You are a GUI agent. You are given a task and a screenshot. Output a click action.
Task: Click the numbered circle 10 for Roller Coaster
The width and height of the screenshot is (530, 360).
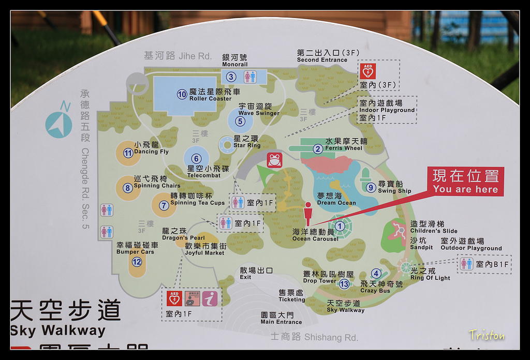click(182, 94)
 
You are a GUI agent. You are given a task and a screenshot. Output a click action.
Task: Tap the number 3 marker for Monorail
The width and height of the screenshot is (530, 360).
click(231, 77)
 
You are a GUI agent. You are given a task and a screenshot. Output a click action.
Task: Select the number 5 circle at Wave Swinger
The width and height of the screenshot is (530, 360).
click(240, 122)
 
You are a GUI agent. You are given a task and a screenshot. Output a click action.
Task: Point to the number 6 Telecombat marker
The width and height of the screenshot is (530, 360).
click(196, 159)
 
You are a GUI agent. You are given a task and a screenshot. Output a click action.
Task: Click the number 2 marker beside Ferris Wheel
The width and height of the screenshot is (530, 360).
click(318, 149)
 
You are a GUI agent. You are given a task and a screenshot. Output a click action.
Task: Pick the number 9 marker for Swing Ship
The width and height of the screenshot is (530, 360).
click(371, 188)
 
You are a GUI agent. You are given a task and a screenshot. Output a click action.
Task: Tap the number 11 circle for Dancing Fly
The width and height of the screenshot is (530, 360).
click(128, 153)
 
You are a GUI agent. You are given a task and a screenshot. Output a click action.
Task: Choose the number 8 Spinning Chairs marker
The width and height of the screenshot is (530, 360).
click(127, 188)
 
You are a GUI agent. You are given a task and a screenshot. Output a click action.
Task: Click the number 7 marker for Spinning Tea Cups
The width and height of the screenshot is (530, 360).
click(164, 205)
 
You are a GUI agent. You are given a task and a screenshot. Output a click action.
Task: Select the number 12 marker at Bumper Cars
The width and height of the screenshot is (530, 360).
click(137, 262)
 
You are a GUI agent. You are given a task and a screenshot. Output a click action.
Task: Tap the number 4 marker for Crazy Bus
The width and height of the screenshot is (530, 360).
click(376, 274)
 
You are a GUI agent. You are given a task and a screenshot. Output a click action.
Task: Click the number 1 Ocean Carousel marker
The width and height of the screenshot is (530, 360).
click(340, 226)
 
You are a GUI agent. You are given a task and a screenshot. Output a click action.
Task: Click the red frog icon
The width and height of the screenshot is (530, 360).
click(274, 160)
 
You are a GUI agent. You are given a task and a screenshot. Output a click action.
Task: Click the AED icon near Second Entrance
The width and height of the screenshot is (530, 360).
click(368, 71)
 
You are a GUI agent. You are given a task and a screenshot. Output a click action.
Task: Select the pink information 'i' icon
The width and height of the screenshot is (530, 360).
click(210, 298)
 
